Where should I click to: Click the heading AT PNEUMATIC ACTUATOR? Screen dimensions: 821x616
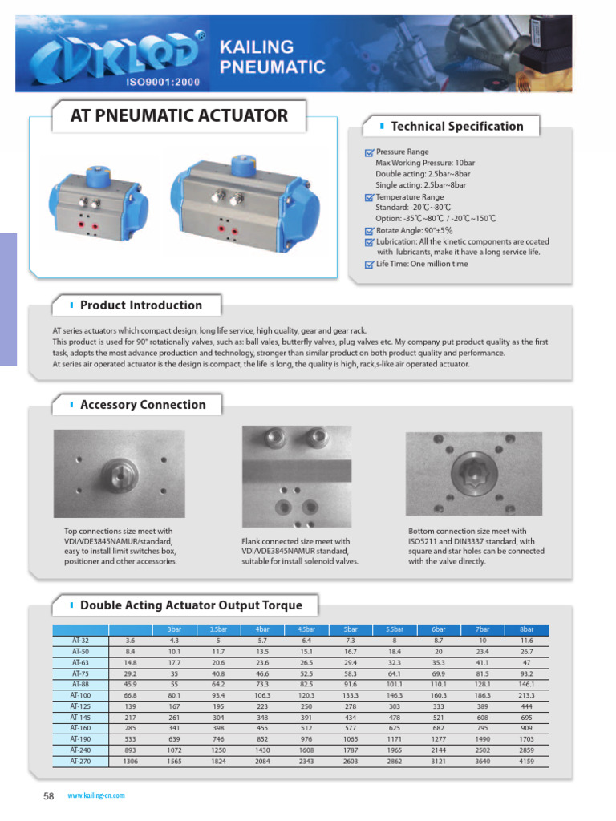pyautogui.click(x=179, y=115)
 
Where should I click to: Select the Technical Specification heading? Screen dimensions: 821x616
pyautogui.click(x=456, y=126)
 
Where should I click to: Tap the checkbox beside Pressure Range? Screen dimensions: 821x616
pyautogui.click(x=368, y=152)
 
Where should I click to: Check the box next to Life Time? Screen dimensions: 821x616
pyautogui.click(x=368, y=265)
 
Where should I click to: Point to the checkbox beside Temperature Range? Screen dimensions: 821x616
pyautogui.click(x=368, y=197)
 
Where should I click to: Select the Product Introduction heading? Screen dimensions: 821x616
pyautogui.click(x=141, y=305)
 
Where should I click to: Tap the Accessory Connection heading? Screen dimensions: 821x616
pyautogui.click(x=143, y=405)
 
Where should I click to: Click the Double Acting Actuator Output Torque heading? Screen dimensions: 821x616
pyautogui.click(x=191, y=605)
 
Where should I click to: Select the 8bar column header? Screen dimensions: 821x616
pyautogui.click(x=526, y=629)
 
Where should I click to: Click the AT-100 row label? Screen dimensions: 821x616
pyautogui.click(x=80, y=696)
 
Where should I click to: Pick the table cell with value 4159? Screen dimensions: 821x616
pyautogui.click(x=526, y=762)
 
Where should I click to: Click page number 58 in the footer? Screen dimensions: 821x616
pyautogui.click(x=47, y=796)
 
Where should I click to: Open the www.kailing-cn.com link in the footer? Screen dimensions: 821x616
pyautogui.click(x=95, y=796)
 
